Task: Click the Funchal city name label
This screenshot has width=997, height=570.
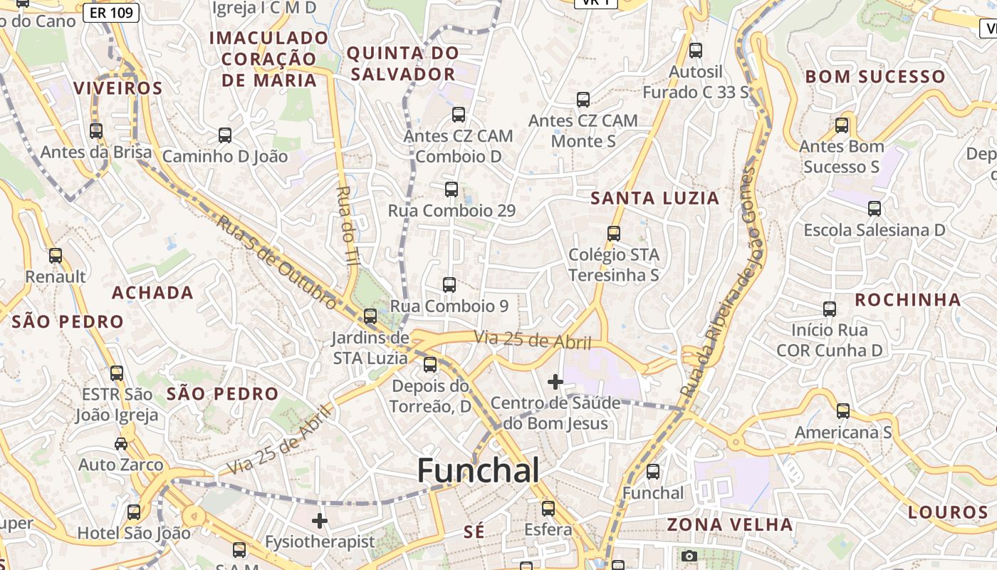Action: (478, 471)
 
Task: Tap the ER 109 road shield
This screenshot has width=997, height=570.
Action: (110, 12)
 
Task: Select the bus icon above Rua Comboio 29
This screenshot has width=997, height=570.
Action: (451, 190)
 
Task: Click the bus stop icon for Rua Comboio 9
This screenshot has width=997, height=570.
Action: (449, 285)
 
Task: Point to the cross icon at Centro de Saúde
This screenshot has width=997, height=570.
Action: (555, 382)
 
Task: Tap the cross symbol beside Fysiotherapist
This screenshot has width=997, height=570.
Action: (320, 521)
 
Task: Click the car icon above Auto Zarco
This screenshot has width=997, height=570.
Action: (121, 444)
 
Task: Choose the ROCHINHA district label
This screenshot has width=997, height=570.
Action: (907, 299)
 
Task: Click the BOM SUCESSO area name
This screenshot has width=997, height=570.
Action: (875, 76)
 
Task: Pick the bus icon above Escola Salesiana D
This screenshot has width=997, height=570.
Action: (874, 209)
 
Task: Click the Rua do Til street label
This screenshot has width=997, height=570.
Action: (348, 226)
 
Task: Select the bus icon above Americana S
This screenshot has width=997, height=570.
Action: (843, 411)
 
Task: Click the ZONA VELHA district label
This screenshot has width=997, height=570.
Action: (729, 525)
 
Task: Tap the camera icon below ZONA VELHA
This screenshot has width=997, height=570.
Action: (689, 556)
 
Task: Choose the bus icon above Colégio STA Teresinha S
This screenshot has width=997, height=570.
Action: (613, 234)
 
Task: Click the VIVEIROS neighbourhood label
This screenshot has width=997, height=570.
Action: (118, 88)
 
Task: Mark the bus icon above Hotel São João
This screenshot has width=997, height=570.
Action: (134, 512)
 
